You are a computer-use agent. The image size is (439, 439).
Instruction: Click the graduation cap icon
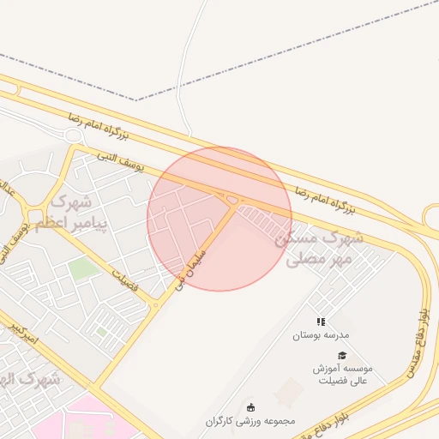tap(342, 355)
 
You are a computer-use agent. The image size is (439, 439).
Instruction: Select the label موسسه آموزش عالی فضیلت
tap(342, 374)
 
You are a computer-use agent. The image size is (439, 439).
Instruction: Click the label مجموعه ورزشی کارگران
tap(250, 421)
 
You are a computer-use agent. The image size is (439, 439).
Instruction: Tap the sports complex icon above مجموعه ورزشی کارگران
tap(250, 407)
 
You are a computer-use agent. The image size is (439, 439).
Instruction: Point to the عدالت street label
tap(8, 193)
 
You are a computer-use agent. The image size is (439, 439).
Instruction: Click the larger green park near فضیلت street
tap(83, 269)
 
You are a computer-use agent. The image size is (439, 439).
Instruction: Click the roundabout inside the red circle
tap(232, 201)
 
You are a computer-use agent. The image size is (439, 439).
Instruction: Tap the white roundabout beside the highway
tap(72, 135)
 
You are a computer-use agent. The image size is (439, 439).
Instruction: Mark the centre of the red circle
tap(219, 219)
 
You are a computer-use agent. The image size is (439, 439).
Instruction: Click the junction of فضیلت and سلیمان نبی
tap(156, 304)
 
